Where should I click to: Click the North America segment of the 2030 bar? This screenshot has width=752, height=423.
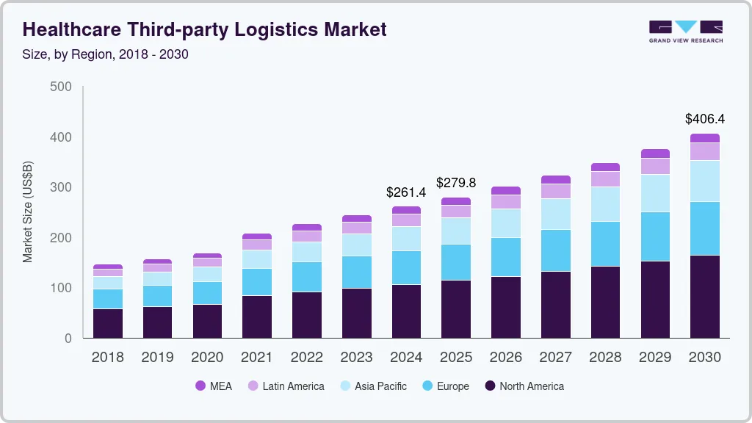tap(704, 297)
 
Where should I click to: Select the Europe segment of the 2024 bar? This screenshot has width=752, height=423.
tap(406, 267)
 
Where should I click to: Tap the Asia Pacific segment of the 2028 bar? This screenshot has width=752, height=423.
tap(605, 204)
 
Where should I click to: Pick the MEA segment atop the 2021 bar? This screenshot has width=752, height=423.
tap(257, 236)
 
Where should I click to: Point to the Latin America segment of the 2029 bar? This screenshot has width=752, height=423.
tap(655, 166)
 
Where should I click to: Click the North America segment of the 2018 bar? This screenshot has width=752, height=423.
tap(108, 323)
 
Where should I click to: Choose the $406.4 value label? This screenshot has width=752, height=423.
tap(704, 118)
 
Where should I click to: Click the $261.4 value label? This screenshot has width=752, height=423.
tap(406, 192)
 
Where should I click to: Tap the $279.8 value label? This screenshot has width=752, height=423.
tap(456, 182)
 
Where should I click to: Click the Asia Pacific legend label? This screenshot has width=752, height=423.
tap(380, 386)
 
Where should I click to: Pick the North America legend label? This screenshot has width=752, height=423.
tap(532, 386)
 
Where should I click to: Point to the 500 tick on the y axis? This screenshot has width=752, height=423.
tap(62, 87)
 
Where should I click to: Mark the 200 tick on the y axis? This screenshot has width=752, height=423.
tap(62, 238)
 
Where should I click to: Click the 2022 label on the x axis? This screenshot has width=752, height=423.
tap(307, 358)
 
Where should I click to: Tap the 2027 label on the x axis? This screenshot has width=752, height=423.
tap(555, 358)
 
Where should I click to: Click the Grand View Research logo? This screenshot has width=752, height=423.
tap(685, 32)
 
